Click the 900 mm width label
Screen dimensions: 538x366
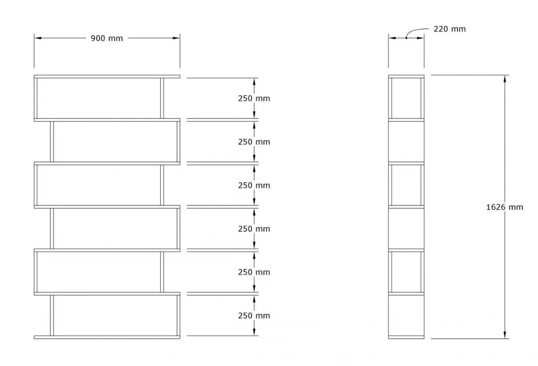(x=107, y=38)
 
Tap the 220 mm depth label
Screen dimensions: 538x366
(x=450, y=29)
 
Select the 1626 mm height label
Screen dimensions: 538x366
(x=504, y=207)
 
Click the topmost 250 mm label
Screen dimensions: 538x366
(x=254, y=98)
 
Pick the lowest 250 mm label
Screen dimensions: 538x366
(x=254, y=316)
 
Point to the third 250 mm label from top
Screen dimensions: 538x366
(x=254, y=185)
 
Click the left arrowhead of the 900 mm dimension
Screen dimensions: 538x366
(x=38, y=38)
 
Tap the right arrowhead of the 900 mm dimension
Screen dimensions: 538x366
(x=176, y=38)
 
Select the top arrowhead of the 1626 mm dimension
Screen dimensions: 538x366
(x=504, y=79)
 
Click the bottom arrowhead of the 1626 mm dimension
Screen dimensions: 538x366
(x=504, y=335)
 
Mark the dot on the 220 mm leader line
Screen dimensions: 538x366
(x=406, y=38)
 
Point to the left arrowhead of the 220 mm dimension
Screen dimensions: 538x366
(x=392, y=38)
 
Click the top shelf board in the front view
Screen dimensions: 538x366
(x=107, y=76)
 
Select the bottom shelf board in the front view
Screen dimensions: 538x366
(x=107, y=337)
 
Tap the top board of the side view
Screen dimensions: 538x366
(x=406, y=76)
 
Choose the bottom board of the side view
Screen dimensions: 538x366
(x=406, y=337)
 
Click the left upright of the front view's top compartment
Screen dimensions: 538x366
(x=36, y=98)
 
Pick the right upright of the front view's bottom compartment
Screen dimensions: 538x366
(x=179, y=315)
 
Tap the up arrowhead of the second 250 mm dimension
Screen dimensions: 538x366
(x=254, y=125)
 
